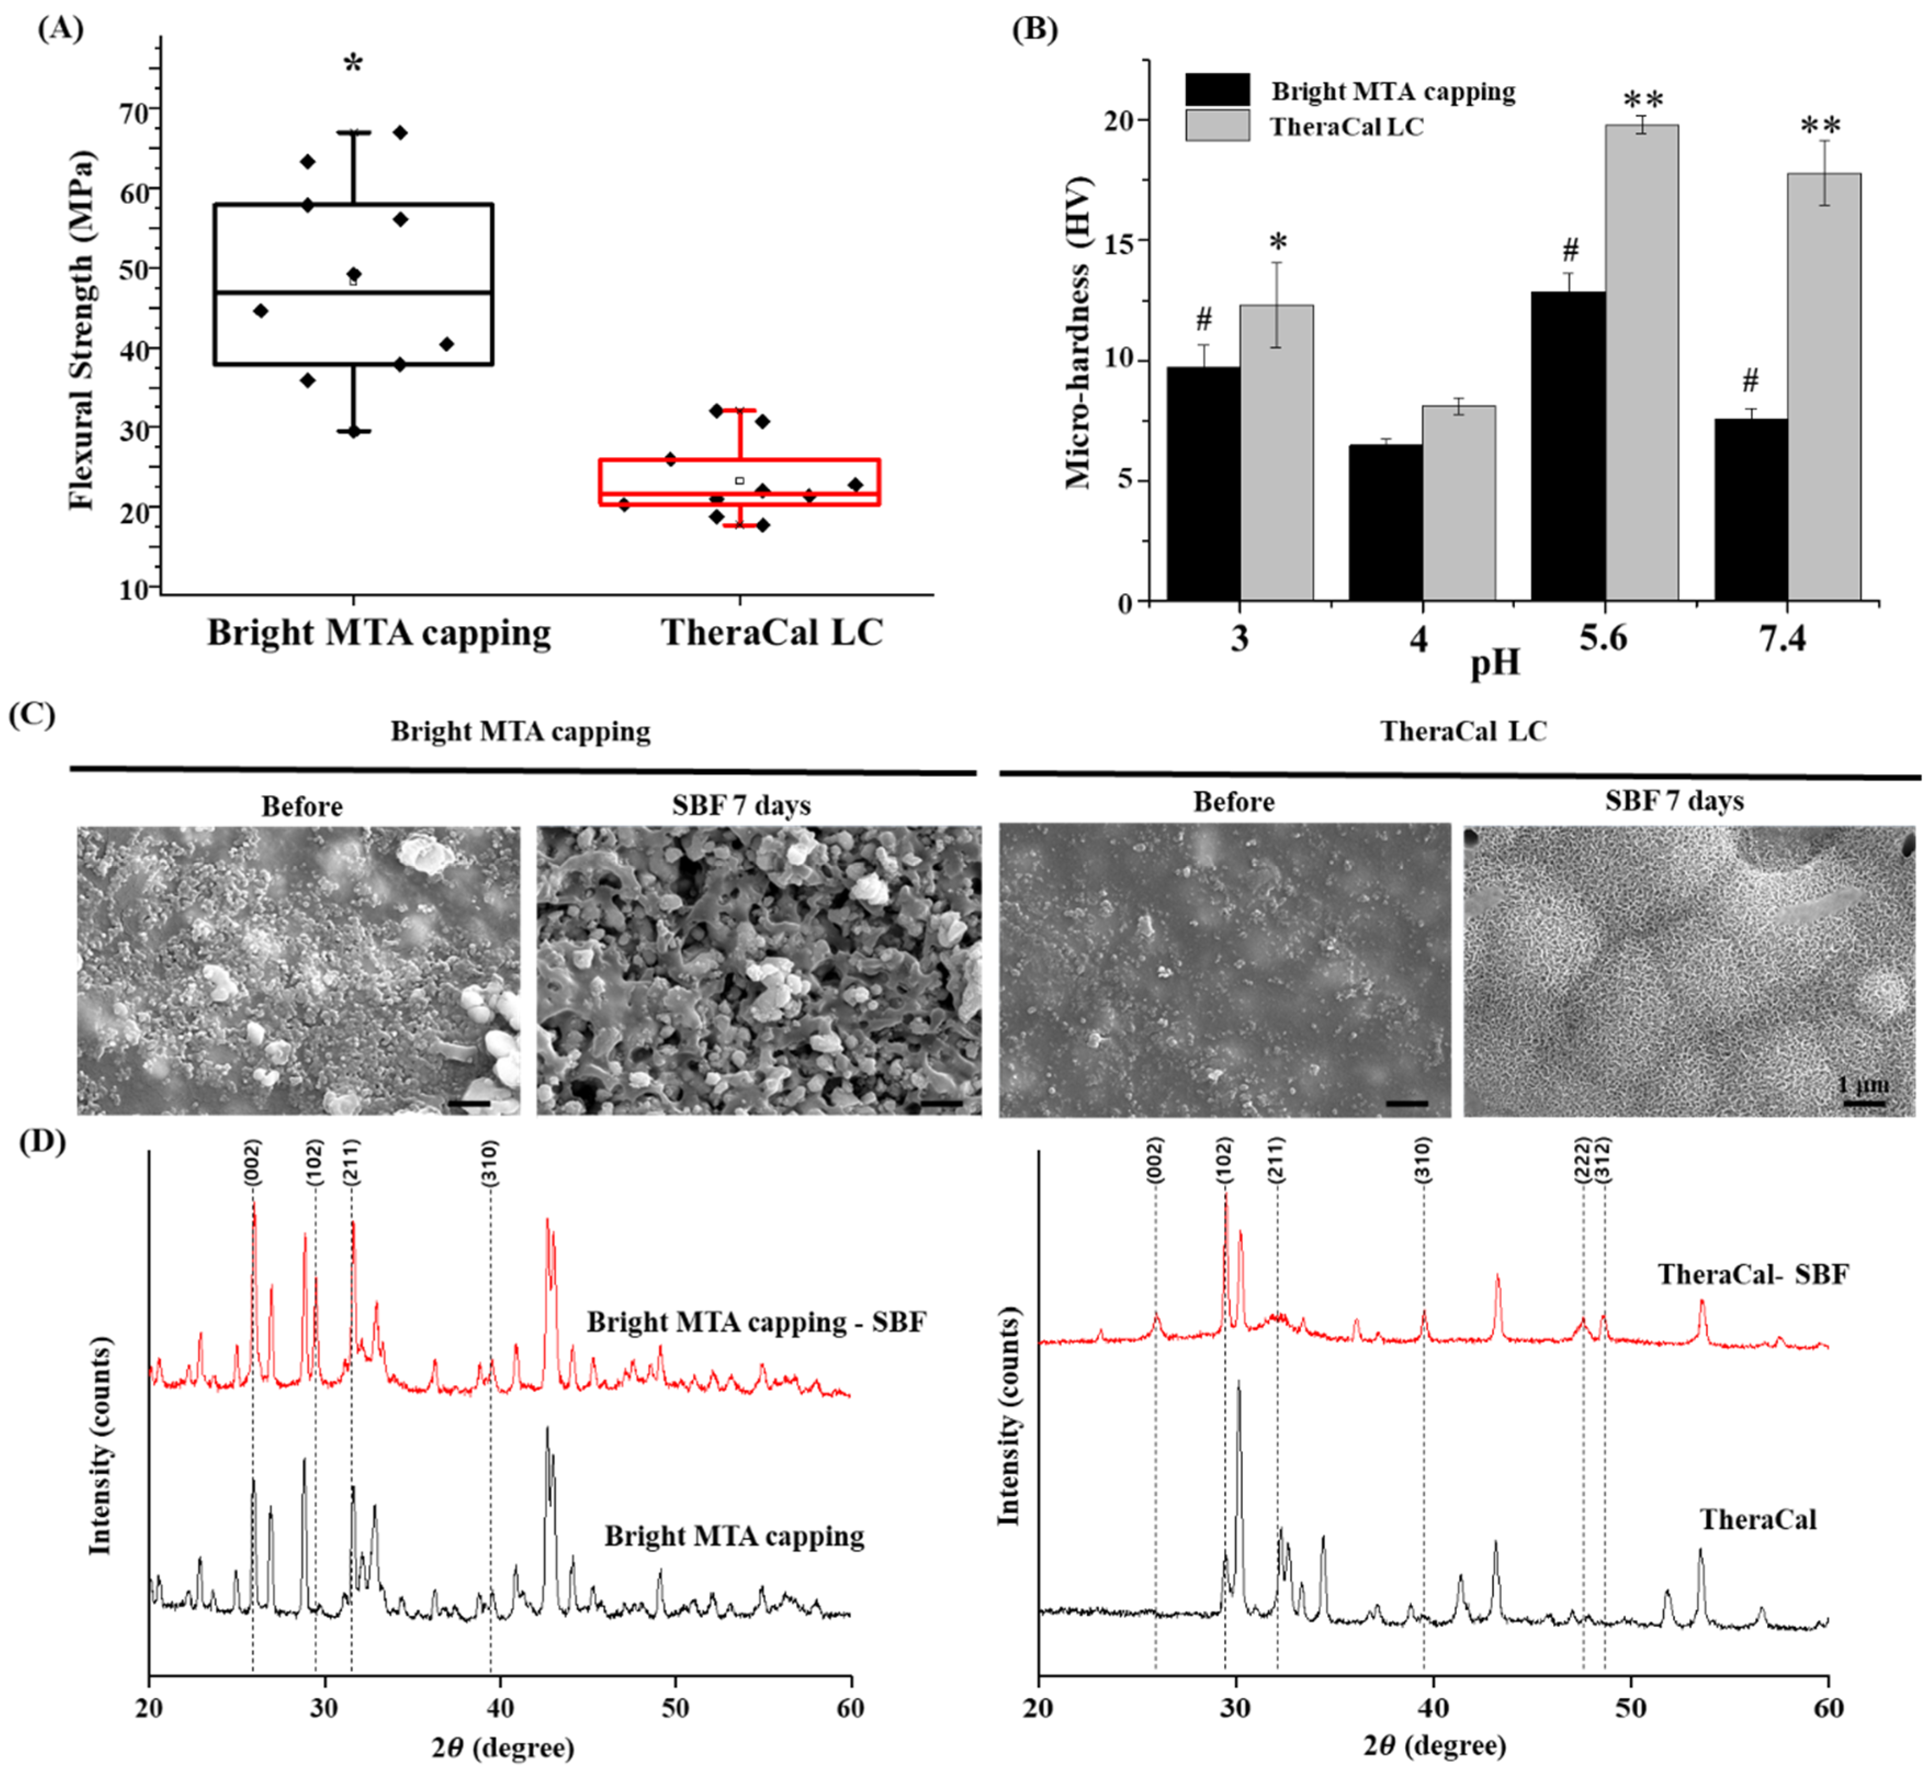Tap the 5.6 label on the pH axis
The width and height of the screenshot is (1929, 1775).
point(1603,637)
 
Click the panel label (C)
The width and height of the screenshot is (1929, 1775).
point(32,715)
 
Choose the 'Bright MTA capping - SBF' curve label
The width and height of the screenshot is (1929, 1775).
point(756,1322)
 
